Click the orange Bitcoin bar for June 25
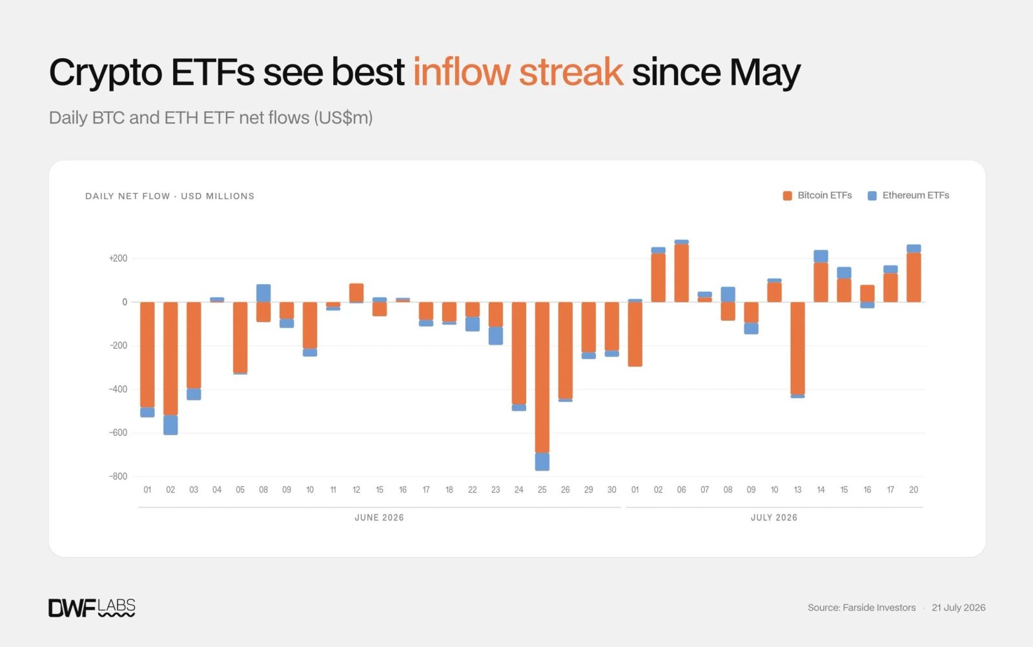point(542,377)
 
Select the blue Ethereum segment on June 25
point(542,462)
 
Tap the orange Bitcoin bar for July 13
point(797,348)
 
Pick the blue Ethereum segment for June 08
point(263,293)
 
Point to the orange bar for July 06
point(681,273)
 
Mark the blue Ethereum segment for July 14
point(821,256)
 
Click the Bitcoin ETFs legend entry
point(817,196)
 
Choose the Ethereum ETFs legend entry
point(908,196)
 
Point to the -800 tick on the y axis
point(118,477)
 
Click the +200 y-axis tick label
point(118,258)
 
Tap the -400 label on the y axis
point(118,389)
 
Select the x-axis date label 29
point(588,489)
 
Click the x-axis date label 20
point(914,489)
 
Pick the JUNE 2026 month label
point(379,517)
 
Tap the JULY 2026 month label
point(774,517)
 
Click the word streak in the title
point(571,72)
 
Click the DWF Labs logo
point(92,608)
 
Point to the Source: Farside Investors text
point(861,608)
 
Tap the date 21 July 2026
point(958,608)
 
